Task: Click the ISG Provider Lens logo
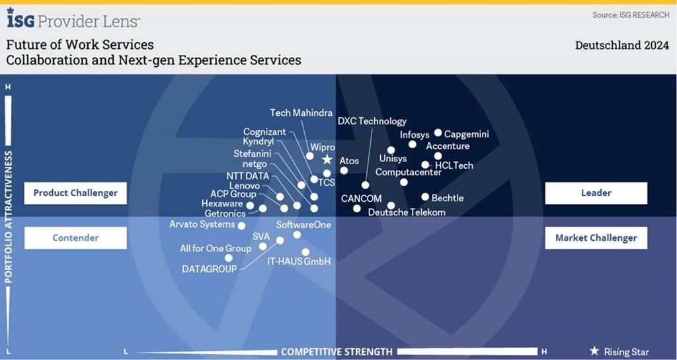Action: (73, 20)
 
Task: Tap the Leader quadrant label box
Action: (596, 193)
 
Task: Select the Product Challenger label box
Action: (75, 193)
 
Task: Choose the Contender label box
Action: (75, 238)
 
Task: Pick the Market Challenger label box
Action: (596, 238)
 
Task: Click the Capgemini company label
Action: (467, 134)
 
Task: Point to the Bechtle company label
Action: (448, 198)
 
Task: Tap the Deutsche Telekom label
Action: (407, 212)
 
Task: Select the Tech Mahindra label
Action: (301, 113)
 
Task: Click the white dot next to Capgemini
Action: (438, 133)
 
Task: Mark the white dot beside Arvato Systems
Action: (241, 226)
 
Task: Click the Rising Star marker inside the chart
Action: (327, 160)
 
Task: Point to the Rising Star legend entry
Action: (619, 351)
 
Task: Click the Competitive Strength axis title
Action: (337, 351)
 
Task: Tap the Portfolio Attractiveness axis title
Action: (9, 218)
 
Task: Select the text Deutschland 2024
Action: (622, 46)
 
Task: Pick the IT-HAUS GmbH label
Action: (299, 261)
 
